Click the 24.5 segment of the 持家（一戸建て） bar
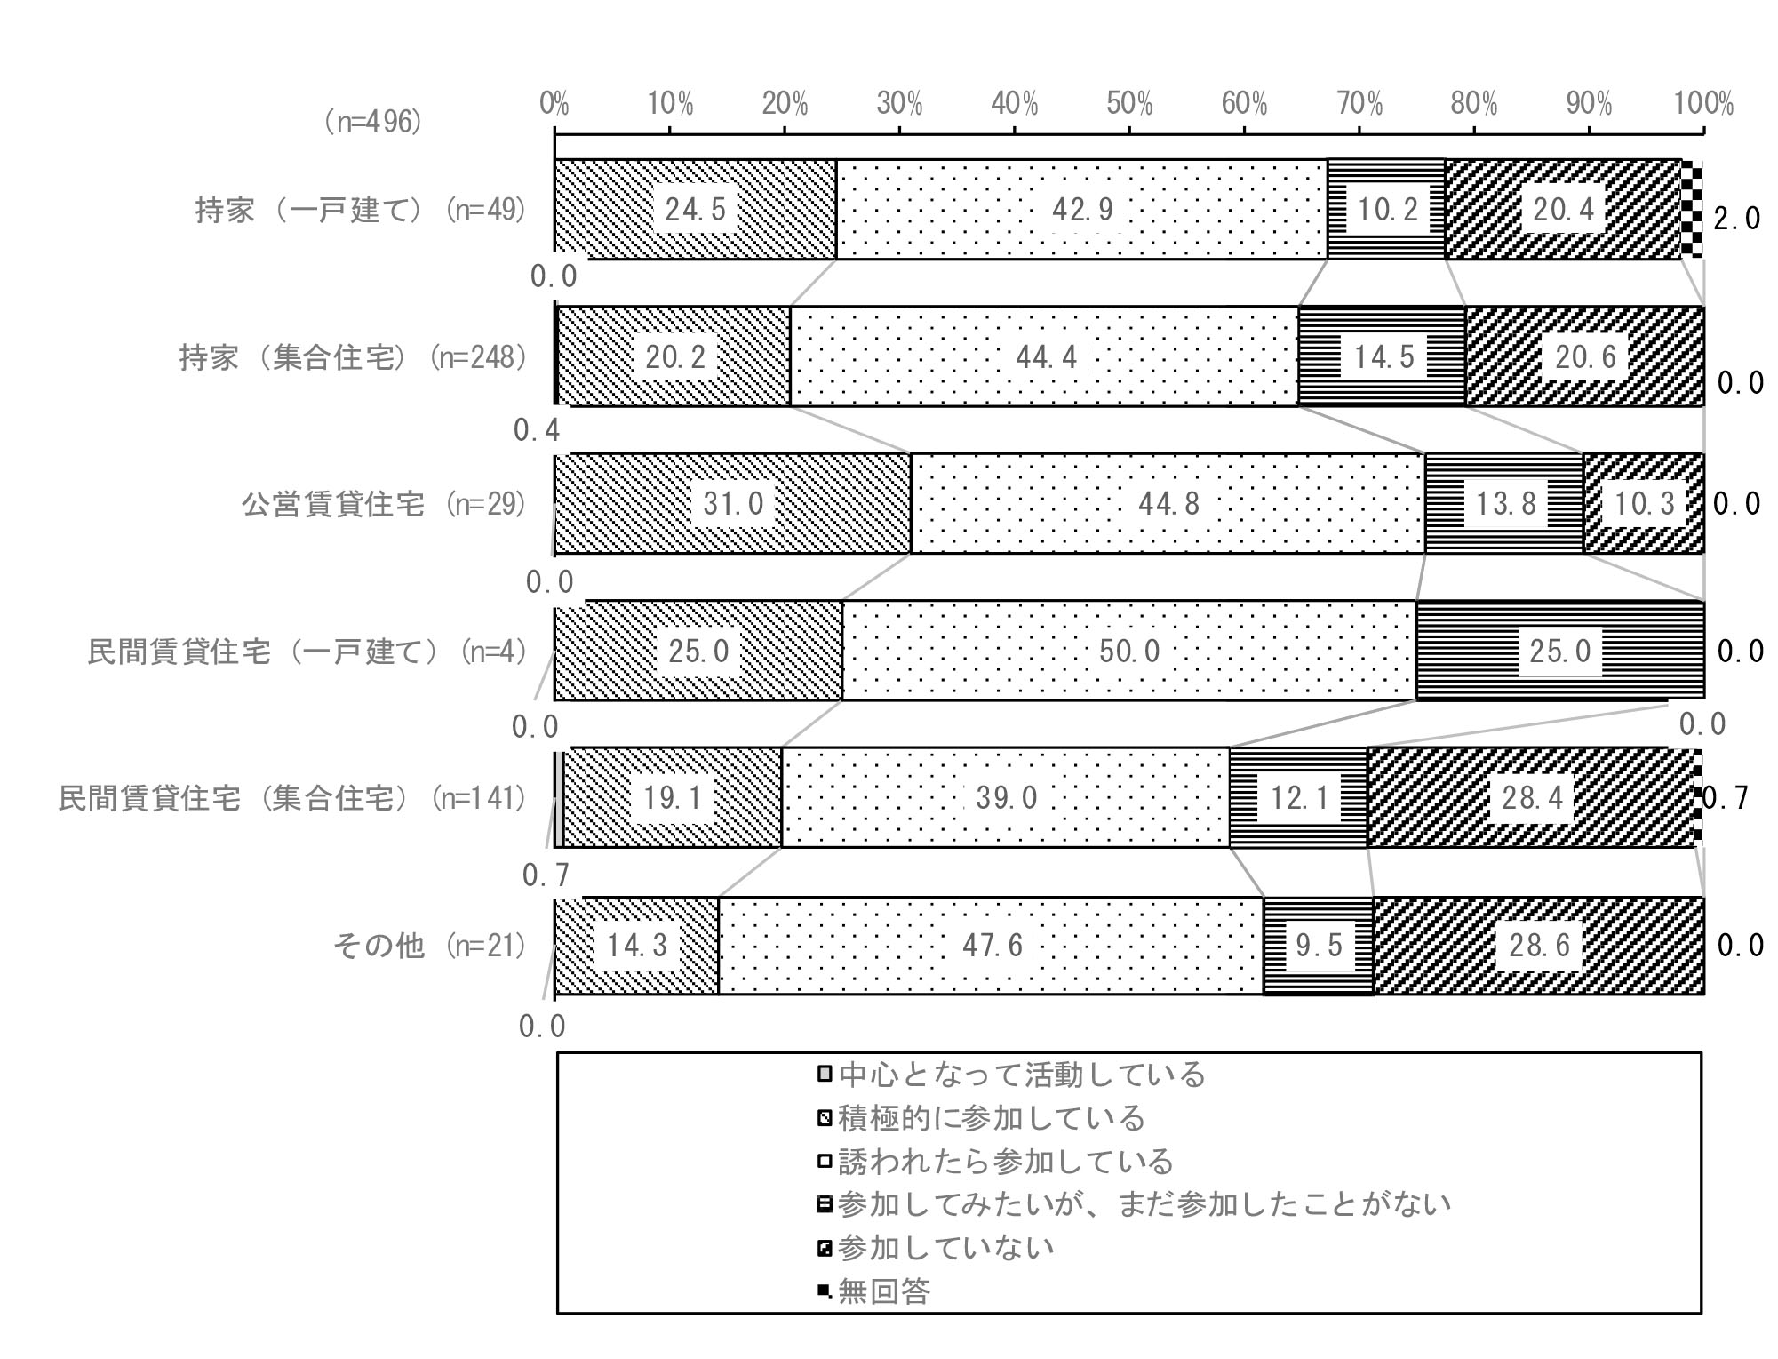(x=696, y=209)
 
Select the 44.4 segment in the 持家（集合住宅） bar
(x=1044, y=356)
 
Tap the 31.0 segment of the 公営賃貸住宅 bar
(x=733, y=503)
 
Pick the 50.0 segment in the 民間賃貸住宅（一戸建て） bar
(x=1129, y=651)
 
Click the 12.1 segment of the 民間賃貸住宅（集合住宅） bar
(x=1298, y=797)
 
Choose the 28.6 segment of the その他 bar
(x=1539, y=945)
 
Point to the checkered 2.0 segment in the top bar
(x=1693, y=209)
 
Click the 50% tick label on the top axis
(x=1129, y=105)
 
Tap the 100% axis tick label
(x=1703, y=105)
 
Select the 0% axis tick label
(x=554, y=105)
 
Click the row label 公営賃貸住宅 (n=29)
(x=385, y=504)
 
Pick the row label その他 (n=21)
(x=430, y=945)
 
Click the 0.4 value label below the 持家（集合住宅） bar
(x=537, y=431)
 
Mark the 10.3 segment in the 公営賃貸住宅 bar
(x=1644, y=503)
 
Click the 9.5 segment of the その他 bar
(x=1318, y=945)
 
